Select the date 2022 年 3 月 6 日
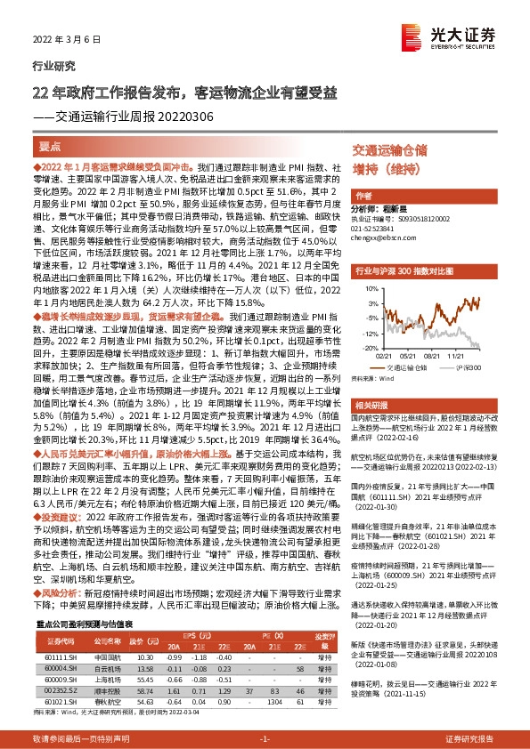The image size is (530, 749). click(62, 41)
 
